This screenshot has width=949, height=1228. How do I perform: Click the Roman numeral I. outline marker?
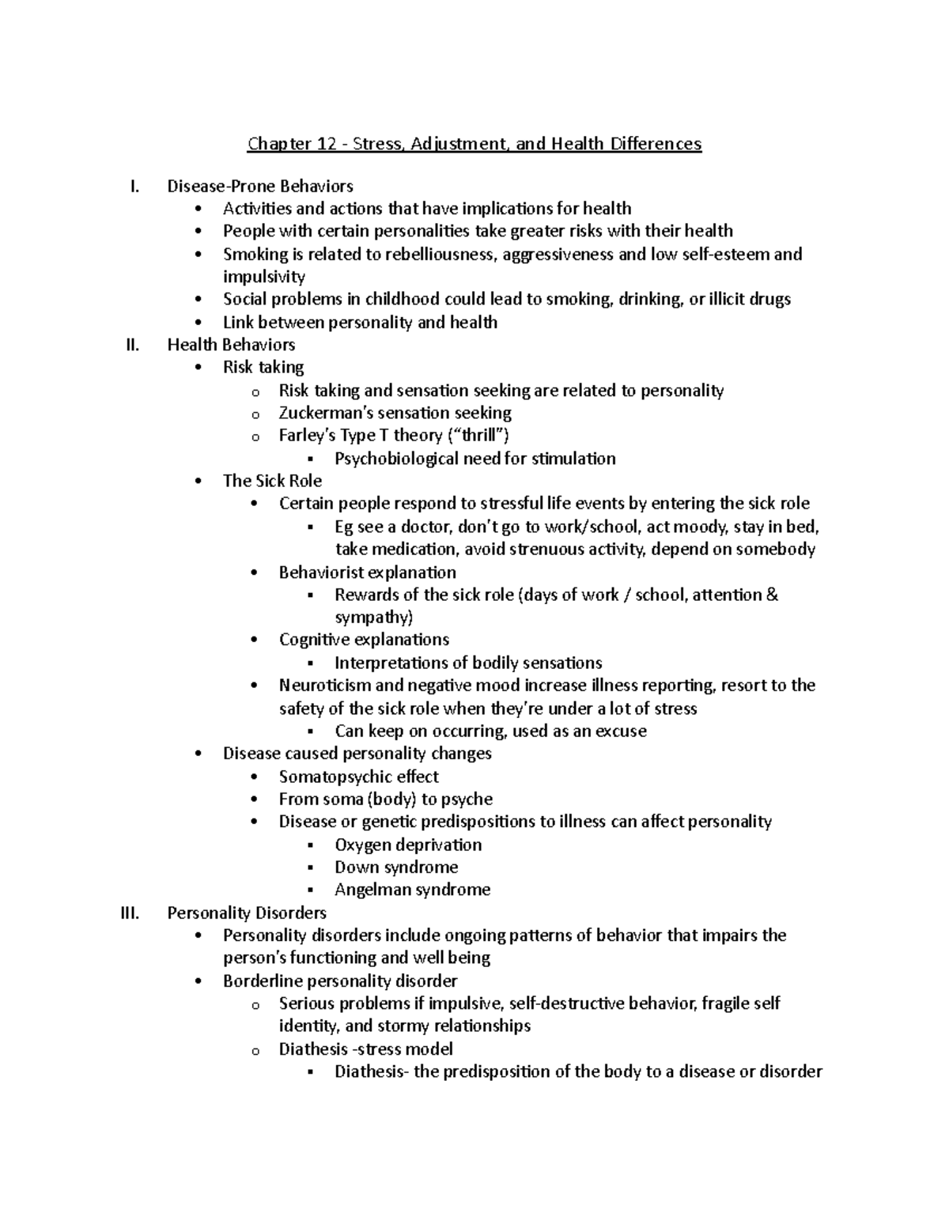click(x=134, y=187)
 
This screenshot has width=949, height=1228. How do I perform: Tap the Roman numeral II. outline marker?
click(x=131, y=345)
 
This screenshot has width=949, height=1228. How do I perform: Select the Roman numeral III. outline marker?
click(x=129, y=913)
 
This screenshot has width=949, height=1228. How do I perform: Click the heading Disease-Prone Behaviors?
click(x=260, y=187)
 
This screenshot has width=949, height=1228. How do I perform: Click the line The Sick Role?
click(x=272, y=481)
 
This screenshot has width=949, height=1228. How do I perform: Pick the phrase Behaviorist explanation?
click(x=367, y=572)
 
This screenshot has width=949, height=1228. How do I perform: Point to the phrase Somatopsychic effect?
click(x=358, y=776)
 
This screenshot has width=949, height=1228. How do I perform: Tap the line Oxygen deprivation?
click(x=408, y=844)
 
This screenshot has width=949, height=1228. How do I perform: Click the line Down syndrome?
click(x=396, y=867)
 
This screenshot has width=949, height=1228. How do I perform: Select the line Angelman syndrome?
click(x=412, y=890)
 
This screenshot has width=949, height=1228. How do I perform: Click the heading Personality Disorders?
click(x=247, y=913)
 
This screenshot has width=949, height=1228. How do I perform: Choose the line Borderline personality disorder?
click(x=340, y=981)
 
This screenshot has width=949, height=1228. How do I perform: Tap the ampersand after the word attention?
click(x=772, y=595)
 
